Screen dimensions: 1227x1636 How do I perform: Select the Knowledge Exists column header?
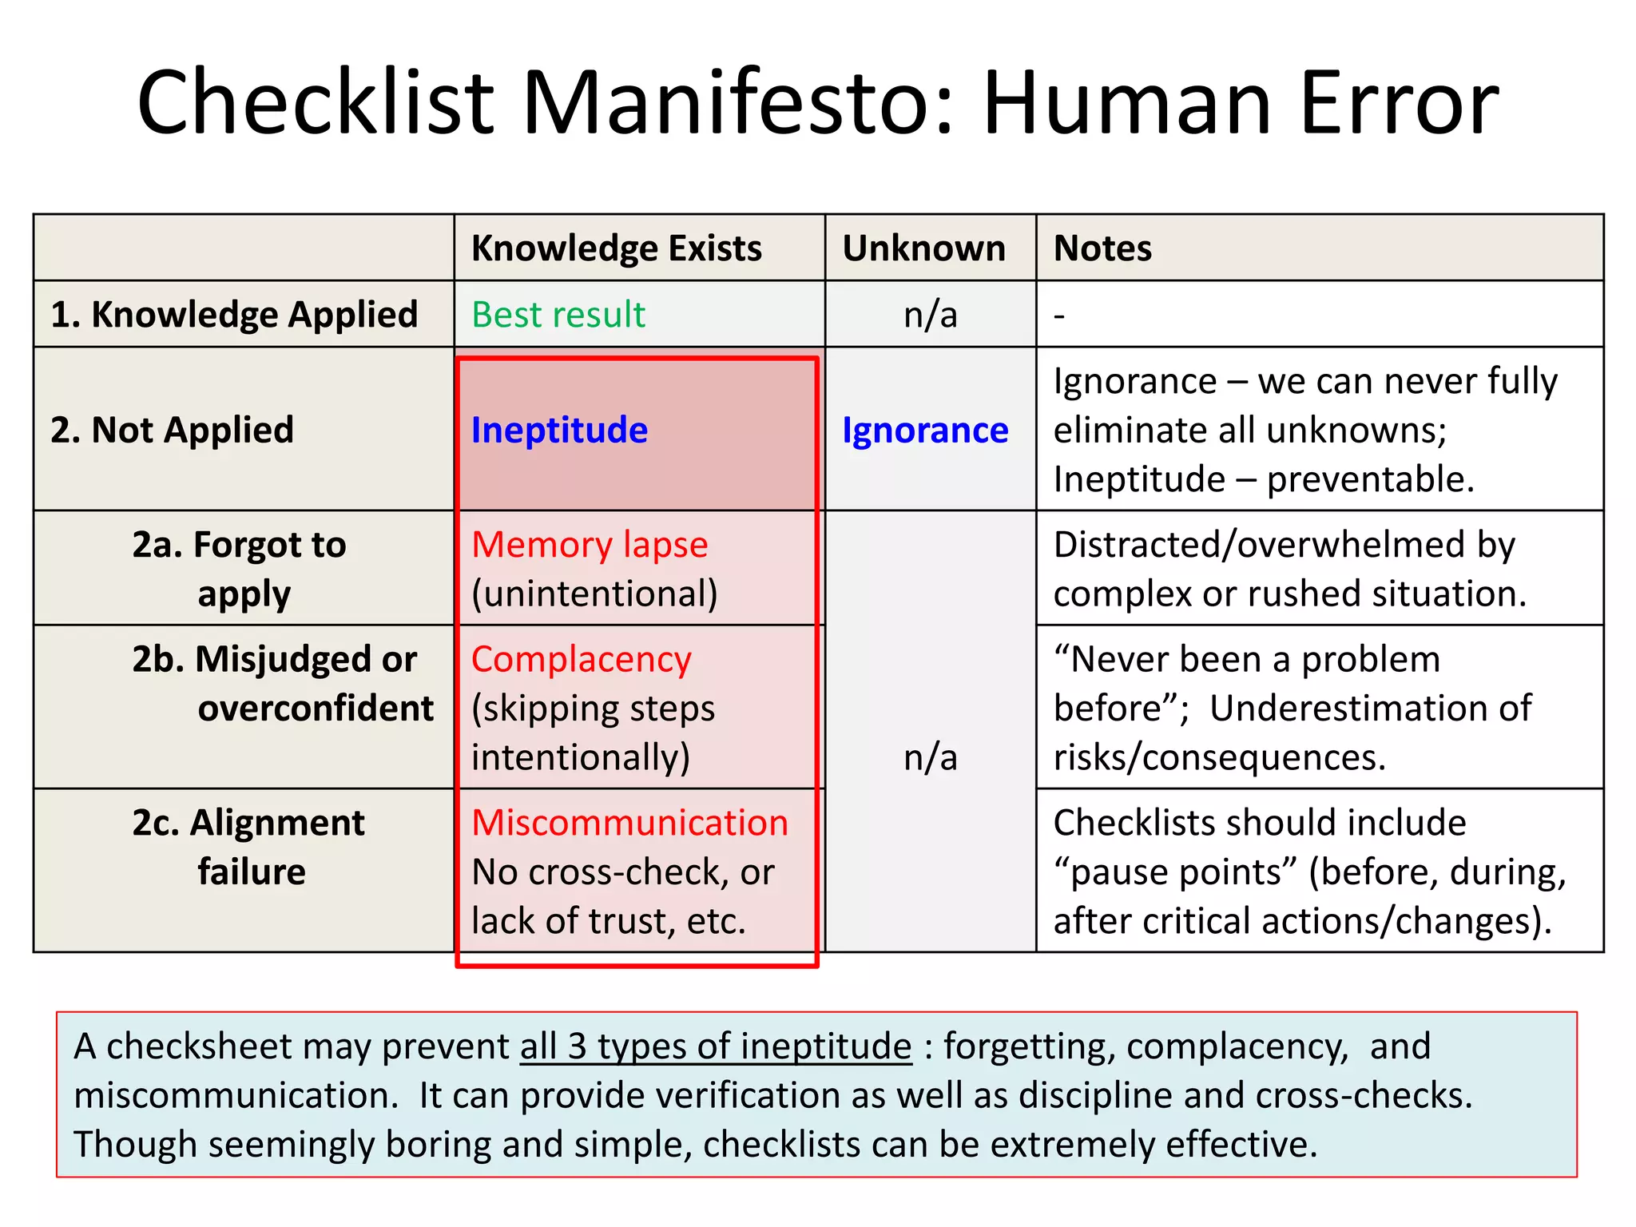click(616, 248)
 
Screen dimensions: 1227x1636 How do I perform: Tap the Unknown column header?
click(923, 248)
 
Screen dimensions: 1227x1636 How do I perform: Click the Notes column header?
click(1102, 248)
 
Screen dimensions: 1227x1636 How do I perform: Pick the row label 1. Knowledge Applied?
click(234, 315)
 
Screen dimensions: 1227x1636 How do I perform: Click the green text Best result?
click(558, 315)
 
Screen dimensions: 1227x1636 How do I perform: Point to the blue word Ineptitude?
click(559, 431)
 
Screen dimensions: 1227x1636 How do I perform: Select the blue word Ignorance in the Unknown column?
click(925, 431)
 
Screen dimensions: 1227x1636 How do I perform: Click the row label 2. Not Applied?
click(172, 431)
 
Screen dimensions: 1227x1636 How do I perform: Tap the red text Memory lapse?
click(590, 545)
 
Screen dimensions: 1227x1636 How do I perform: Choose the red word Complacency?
click(581, 660)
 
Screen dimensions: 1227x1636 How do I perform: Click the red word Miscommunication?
click(629, 823)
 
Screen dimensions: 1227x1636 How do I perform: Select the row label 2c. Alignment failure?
click(248, 847)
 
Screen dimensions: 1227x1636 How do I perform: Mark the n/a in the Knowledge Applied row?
click(930, 315)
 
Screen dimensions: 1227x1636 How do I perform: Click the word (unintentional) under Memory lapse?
click(594, 594)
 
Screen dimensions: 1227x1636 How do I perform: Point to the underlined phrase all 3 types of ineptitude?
click(716, 1046)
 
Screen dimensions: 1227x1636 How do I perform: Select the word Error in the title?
click(1399, 104)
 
